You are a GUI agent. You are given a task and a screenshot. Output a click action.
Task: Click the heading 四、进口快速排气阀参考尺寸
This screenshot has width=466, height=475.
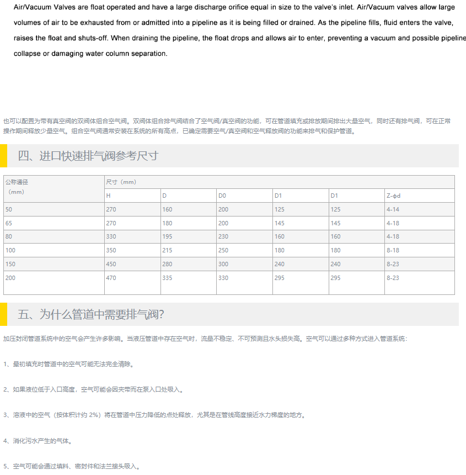pyautogui.click(x=88, y=156)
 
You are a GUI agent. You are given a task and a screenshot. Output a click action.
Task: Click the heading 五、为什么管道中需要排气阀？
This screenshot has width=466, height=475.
pyautogui.click(x=91, y=314)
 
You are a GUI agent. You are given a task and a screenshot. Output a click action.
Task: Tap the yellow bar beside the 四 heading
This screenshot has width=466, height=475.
pyautogui.click(x=3, y=156)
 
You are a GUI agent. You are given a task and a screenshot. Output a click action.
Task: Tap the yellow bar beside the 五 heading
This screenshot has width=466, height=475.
pyautogui.click(x=3, y=314)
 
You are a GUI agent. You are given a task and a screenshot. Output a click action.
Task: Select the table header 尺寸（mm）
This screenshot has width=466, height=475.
pyautogui.click(x=121, y=182)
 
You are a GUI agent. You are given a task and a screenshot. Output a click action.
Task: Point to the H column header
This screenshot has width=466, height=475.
pyautogui.click(x=108, y=196)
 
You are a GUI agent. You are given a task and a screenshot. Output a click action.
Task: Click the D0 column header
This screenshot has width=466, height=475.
pyautogui.click(x=222, y=196)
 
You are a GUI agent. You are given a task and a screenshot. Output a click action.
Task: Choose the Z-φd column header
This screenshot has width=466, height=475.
pyautogui.click(x=393, y=196)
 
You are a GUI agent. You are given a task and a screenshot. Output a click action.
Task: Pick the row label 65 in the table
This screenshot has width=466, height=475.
pyautogui.click(x=9, y=223)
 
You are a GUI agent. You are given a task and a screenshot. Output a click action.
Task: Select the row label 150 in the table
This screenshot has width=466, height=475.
pyautogui.click(x=10, y=264)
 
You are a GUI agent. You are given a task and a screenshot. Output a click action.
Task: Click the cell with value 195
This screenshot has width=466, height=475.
pyautogui.click(x=167, y=237)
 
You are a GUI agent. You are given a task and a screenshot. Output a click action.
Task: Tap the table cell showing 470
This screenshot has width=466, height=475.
pyautogui.click(x=111, y=278)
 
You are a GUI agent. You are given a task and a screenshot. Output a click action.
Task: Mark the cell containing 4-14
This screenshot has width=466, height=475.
pyautogui.click(x=393, y=209)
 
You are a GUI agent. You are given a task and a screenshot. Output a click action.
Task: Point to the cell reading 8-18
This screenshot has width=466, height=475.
pyautogui.click(x=393, y=250)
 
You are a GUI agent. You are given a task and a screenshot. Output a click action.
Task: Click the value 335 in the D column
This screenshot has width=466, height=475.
pyautogui.click(x=167, y=278)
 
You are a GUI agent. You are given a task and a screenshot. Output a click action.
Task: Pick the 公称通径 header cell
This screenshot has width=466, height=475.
pyautogui.click(x=17, y=182)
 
